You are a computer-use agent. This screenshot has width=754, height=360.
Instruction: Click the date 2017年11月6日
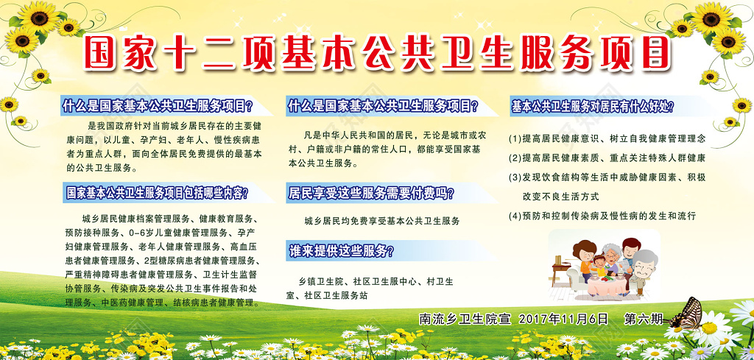pyautogui.click(x=563, y=319)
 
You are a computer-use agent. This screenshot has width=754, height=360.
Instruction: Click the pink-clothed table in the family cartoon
pyautogui.click(x=606, y=286)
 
